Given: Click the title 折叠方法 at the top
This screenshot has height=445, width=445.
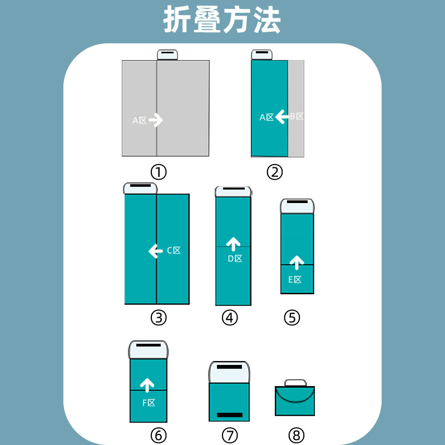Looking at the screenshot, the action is [x=222, y=21].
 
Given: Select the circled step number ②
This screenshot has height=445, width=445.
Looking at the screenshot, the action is [x=275, y=172].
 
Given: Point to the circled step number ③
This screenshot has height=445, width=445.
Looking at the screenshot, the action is [x=159, y=318].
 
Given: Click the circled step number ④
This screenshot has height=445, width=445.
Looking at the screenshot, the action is [x=230, y=318].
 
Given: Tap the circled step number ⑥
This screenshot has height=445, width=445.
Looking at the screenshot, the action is [x=159, y=435].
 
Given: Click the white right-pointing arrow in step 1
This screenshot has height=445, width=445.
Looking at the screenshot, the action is [x=156, y=120].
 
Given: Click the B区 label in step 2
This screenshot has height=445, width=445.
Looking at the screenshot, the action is [x=297, y=117].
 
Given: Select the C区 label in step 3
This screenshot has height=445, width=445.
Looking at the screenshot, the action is [x=174, y=250].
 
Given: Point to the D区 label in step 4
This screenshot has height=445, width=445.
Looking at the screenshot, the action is [x=235, y=258].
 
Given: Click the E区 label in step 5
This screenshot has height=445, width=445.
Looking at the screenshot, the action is [x=295, y=280].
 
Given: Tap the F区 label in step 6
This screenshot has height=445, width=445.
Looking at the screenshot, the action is [x=148, y=403].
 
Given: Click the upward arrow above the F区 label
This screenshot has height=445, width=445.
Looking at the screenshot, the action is [x=147, y=384].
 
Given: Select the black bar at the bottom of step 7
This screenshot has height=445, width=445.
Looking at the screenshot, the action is [x=229, y=415].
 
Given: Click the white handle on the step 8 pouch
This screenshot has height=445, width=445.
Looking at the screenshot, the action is [x=295, y=383].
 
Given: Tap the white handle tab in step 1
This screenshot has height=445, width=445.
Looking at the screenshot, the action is [x=167, y=55].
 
